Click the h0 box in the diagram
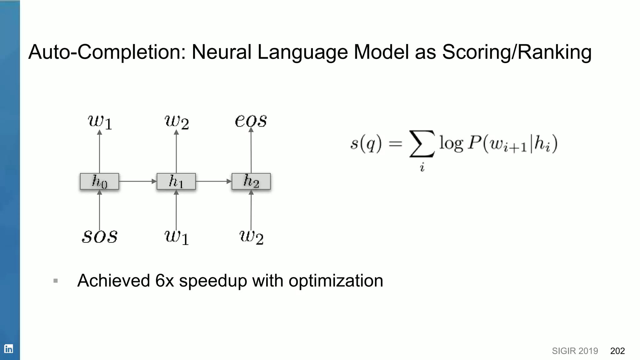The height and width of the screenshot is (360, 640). point(99,181)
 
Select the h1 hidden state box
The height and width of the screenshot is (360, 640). point(176,181)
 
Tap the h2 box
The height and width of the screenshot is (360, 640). point(251,181)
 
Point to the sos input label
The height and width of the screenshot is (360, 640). point(100,237)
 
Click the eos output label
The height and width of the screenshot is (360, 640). point(251,121)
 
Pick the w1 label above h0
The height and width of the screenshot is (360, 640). point(100,122)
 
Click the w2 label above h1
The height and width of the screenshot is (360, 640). point(177,122)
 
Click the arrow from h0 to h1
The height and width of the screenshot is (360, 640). point(137,181)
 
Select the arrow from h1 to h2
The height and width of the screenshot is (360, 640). point(213,181)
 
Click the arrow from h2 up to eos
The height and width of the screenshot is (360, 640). point(251,150)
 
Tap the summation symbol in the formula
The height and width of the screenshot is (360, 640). point(422,144)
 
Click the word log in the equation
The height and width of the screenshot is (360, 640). point(451,144)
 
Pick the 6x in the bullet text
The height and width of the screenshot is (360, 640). point(164,280)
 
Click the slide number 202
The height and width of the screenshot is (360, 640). point(617,351)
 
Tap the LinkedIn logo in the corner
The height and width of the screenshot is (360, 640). point(8,349)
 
